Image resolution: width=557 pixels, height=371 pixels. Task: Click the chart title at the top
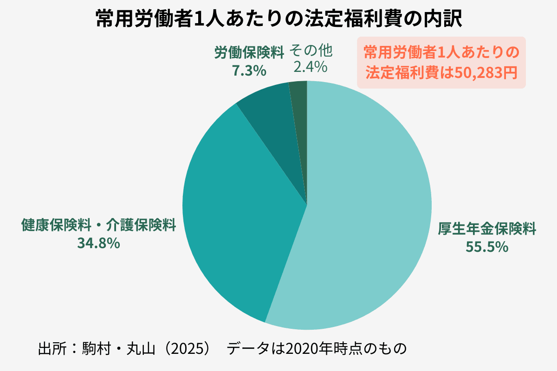pos(278,19)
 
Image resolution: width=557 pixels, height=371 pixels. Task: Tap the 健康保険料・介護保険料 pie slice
pos(237,223)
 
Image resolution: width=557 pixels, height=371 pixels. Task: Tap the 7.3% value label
pos(248,70)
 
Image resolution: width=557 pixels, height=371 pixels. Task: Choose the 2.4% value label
pos(311,67)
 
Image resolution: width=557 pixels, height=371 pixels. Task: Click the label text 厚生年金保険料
pos(487,229)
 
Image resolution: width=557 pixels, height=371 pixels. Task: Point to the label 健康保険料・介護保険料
pos(99,225)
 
